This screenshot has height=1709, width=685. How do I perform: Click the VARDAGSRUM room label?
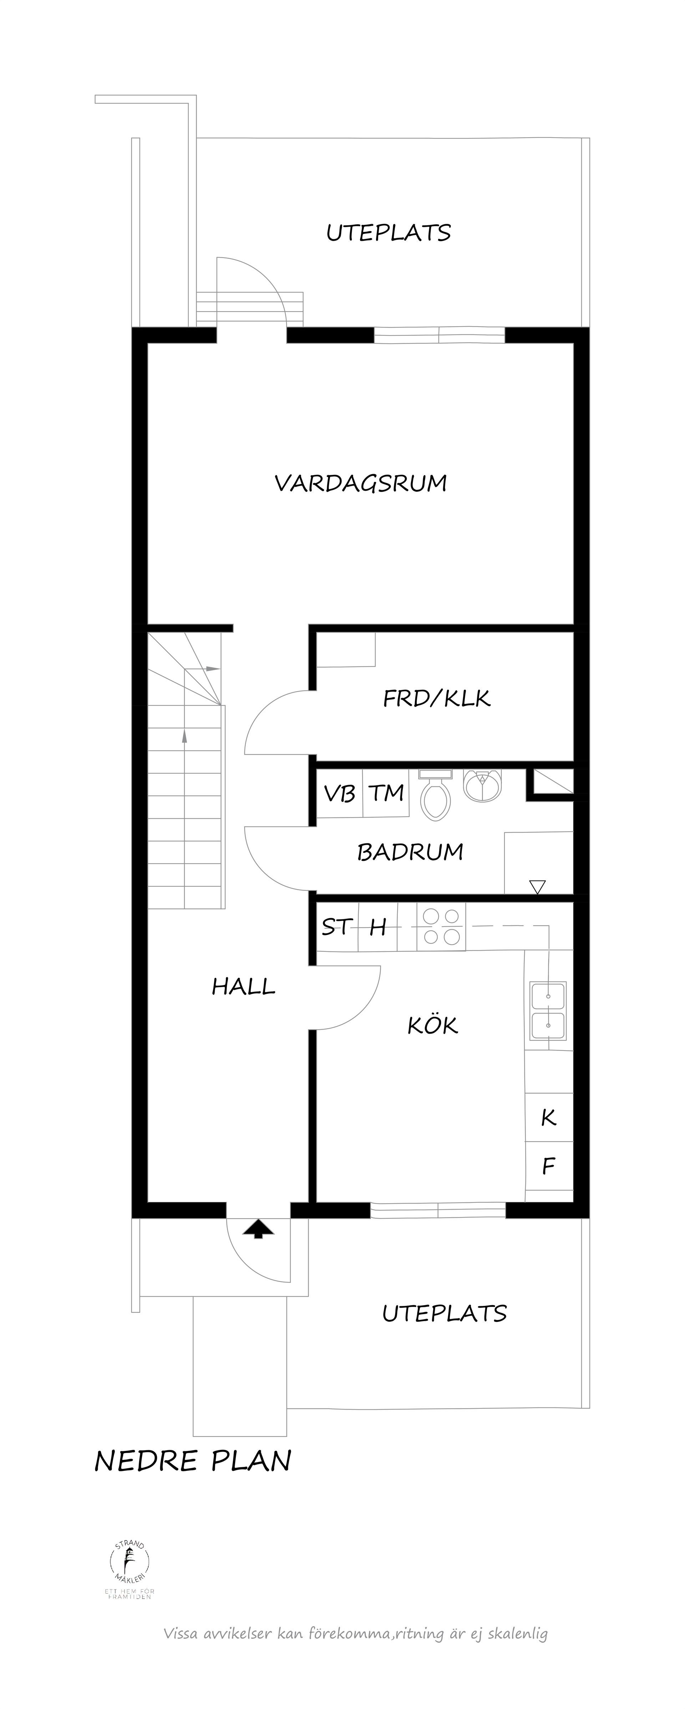(x=360, y=483)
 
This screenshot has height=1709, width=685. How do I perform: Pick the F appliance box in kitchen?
(x=548, y=1166)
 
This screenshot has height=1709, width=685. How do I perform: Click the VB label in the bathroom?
(x=339, y=794)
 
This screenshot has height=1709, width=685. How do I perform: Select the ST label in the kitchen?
(x=336, y=927)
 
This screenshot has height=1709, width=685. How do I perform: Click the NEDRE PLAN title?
(x=193, y=1461)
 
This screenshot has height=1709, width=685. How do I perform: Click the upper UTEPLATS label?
(x=388, y=233)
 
